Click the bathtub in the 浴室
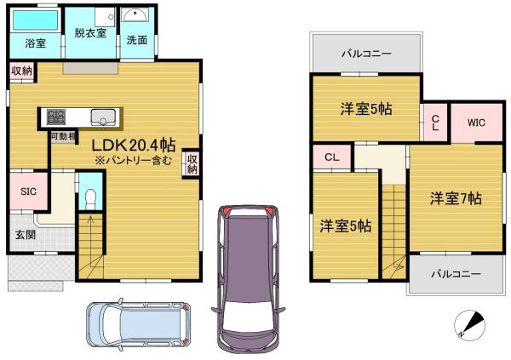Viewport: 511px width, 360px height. click(36, 20)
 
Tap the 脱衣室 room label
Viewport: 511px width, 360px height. click(90, 33)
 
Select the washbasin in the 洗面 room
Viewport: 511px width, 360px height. click(135, 14)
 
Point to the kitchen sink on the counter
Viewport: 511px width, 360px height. click(103, 117)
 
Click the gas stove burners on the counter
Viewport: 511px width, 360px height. click(56, 117)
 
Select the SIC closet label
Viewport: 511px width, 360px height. click(29, 191)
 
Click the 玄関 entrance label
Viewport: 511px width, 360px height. click(26, 235)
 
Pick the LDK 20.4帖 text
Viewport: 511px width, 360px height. click(134, 145)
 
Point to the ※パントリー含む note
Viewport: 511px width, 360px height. click(133, 161)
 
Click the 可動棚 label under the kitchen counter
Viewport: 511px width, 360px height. click(63, 136)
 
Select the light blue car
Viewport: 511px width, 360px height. click(139, 324)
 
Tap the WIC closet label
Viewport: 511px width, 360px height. click(476, 123)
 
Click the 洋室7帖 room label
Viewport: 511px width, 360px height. click(456, 198)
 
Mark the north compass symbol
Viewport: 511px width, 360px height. click(469, 325)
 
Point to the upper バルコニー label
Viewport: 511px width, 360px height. click(366, 54)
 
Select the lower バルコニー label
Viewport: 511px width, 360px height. click(456, 274)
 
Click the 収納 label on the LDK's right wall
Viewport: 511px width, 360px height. click(192, 164)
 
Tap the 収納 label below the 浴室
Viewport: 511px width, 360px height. click(22, 71)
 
